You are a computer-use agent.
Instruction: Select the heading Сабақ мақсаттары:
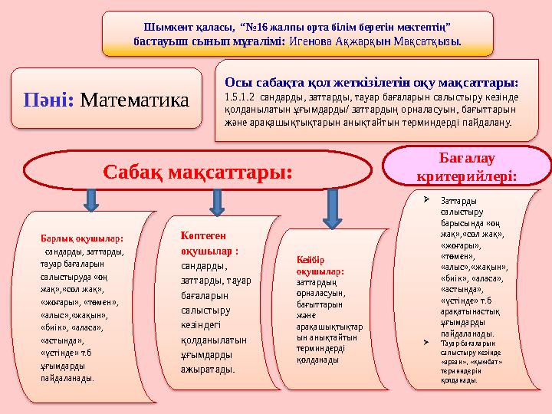coord(198,172)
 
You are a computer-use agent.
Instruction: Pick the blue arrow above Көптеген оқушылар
coord(217,202)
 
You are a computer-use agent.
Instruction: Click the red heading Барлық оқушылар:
coord(82,238)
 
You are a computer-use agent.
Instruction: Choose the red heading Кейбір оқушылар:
coord(320,265)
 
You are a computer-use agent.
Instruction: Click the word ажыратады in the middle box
coord(208,368)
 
